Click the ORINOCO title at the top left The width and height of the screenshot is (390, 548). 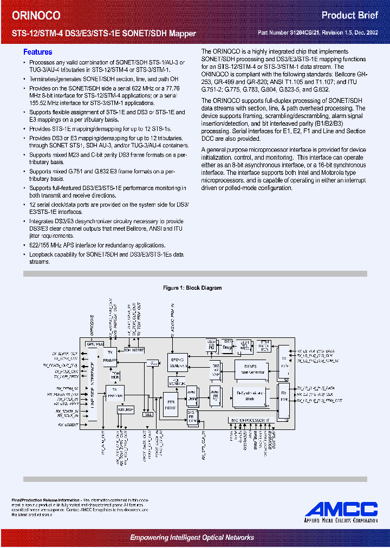coord(37,16)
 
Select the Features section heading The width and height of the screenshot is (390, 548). coord(37,53)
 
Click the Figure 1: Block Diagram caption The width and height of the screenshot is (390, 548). coord(193,288)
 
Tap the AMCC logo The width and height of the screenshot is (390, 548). coord(341,508)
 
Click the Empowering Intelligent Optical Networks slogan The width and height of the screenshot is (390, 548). coord(192,537)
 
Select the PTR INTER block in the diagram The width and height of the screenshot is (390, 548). coord(171,404)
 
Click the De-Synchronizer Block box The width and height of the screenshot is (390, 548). coord(250,395)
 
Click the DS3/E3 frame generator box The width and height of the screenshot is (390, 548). coord(250,369)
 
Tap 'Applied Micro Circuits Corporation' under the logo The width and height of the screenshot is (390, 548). coord(341,520)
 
